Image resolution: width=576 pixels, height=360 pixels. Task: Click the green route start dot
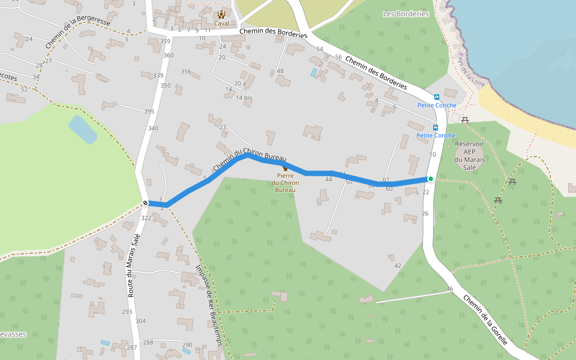click(430, 179)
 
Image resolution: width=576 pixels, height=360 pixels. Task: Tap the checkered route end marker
click(145, 203)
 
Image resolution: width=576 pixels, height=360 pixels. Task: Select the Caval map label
click(221, 23)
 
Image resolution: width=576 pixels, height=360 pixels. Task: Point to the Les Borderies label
click(406, 14)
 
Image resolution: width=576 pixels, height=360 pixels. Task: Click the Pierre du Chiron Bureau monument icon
click(285, 169)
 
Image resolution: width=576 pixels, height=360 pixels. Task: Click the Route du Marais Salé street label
click(133, 266)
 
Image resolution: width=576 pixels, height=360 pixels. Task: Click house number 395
click(149, 112)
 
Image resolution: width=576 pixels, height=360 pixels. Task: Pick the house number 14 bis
click(244, 98)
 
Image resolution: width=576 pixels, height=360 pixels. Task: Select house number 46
click(449, 289)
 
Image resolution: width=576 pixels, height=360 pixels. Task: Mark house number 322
click(146, 218)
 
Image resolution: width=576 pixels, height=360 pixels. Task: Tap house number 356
click(186, 72)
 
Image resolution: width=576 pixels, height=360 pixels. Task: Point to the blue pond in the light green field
click(82, 129)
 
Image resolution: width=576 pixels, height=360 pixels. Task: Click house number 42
click(398, 265)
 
